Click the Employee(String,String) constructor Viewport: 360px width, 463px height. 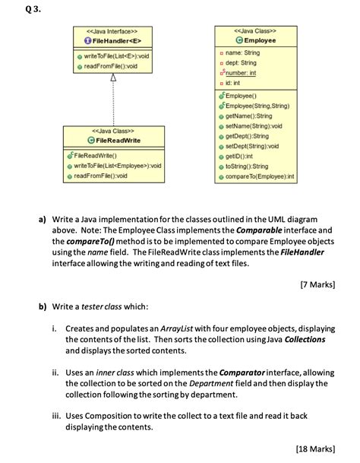click(259, 106)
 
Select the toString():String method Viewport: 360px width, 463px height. click(250, 166)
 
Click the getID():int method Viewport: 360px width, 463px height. click(244, 156)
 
